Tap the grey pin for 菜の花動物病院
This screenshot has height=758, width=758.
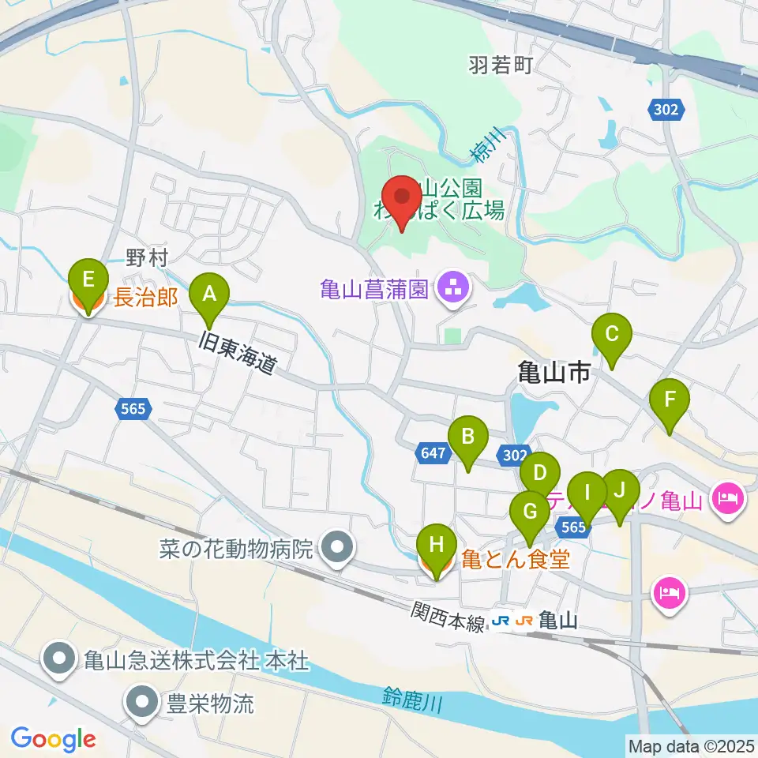click(x=339, y=546)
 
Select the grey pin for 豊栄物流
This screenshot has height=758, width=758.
click(x=143, y=703)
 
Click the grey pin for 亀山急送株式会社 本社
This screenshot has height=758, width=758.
click(x=60, y=659)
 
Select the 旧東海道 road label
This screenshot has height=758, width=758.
click(x=238, y=354)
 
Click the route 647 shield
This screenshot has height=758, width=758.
click(x=433, y=453)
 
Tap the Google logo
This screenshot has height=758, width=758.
click(x=53, y=740)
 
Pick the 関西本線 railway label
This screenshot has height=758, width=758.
click(x=447, y=617)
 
